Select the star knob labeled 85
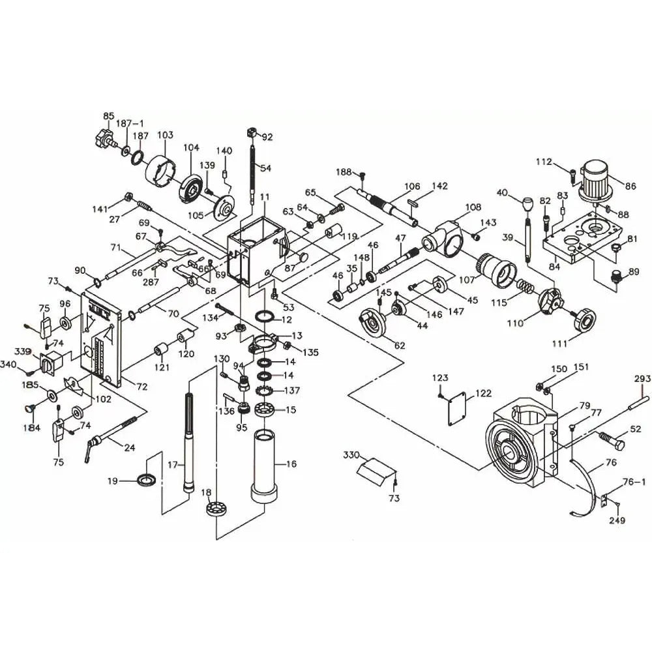pos(104,137)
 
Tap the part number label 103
pos(165,135)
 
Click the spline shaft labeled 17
pos(189,443)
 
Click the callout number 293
pos(642,379)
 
